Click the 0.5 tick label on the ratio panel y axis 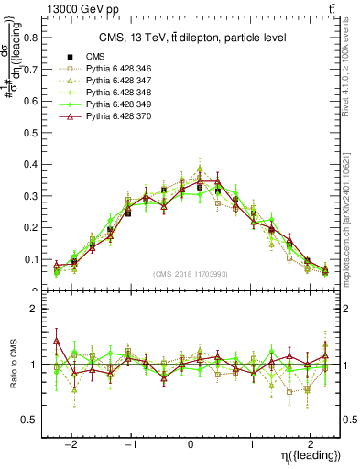click(37, 420)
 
